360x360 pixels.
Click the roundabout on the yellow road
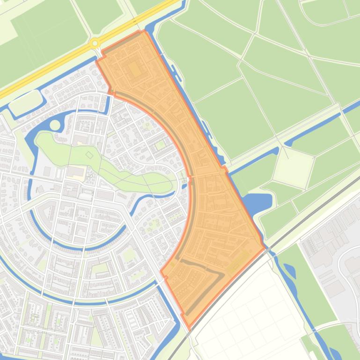pos(95,43)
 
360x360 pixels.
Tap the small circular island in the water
pos(55,125)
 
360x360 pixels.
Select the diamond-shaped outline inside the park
pos(89,155)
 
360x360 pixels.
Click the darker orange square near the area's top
pos(134,69)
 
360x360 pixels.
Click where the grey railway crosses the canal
pos(267,249)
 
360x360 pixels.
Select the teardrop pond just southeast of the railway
pos(288,270)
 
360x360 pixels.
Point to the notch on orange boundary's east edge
pos(224,168)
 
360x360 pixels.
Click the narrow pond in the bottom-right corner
pos(335,351)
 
